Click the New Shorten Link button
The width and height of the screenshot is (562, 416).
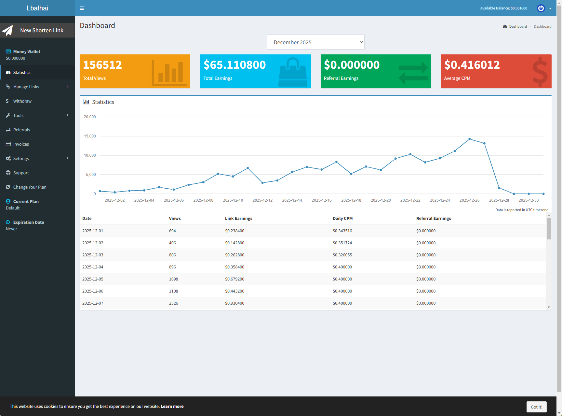click(x=37, y=30)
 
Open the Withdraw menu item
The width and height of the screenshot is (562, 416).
click(x=22, y=101)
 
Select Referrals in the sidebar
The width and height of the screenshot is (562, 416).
click(x=21, y=130)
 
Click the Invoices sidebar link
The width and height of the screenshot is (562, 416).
click(x=21, y=144)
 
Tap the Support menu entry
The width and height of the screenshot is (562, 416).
click(x=21, y=173)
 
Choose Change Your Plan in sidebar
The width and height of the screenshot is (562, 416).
click(x=30, y=187)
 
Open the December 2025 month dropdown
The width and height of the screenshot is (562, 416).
click(x=315, y=42)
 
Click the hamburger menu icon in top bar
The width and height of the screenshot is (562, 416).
click(x=82, y=8)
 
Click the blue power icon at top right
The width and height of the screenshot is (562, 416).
click(x=541, y=8)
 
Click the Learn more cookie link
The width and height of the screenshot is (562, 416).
click(x=172, y=407)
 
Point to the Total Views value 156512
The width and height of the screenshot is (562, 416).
click(x=102, y=65)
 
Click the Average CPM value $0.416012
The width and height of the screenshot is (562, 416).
click(x=472, y=65)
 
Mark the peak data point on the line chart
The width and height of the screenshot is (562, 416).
click(x=469, y=139)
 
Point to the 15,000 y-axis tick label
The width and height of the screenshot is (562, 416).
click(x=90, y=136)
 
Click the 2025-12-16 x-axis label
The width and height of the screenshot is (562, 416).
click(x=321, y=200)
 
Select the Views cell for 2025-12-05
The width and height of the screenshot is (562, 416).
click(x=173, y=279)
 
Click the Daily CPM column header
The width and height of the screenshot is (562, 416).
click(x=342, y=219)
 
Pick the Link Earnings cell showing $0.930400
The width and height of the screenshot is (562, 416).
click(x=234, y=303)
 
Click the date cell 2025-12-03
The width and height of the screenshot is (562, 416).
click(x=93, y=255)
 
